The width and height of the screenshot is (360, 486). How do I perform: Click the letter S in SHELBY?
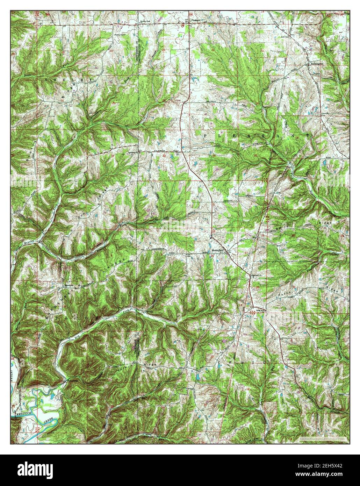click(46, 80)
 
